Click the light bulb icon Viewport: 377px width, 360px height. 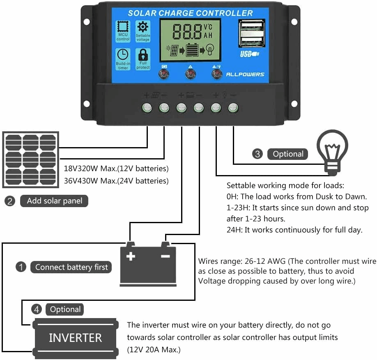pos(332,150)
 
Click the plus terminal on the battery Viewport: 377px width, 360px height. pos(131,256)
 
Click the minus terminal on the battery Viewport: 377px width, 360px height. pos(166,256)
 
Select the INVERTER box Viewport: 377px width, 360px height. pos(75,338)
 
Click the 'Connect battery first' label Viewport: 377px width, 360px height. pos(71,267)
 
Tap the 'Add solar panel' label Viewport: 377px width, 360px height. pos(54,201)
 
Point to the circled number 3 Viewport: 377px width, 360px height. pos(257,154)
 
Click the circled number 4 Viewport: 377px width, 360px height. pos(36,309)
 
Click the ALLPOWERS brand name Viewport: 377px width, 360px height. pos(245,74)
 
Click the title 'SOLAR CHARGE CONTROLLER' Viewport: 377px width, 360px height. pos(190,13)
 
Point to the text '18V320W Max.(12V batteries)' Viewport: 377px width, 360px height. pos(116,168)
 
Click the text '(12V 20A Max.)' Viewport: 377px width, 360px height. pos(154,350)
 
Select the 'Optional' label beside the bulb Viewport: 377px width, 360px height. pos(288,154)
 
